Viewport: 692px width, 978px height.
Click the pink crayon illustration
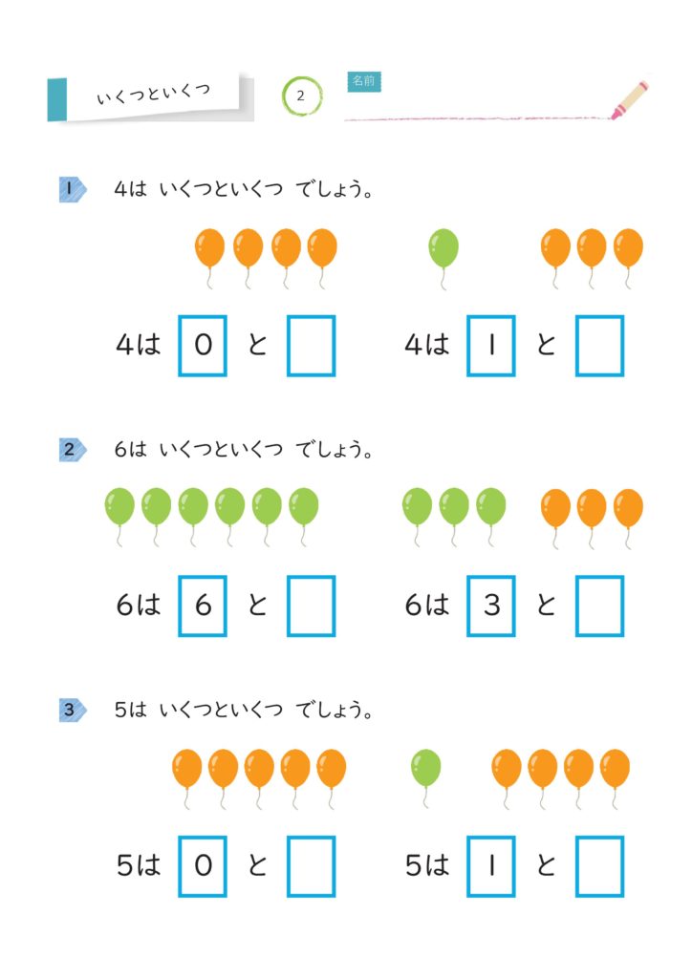click(x=630, y=99)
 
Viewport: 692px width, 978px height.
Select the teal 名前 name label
click(x=364, y=81)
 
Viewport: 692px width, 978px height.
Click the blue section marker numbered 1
click(x=73, y=189)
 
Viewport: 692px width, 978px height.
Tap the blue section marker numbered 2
click(x=73, y=449)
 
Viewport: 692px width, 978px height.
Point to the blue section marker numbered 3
click(x=73, y=710)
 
